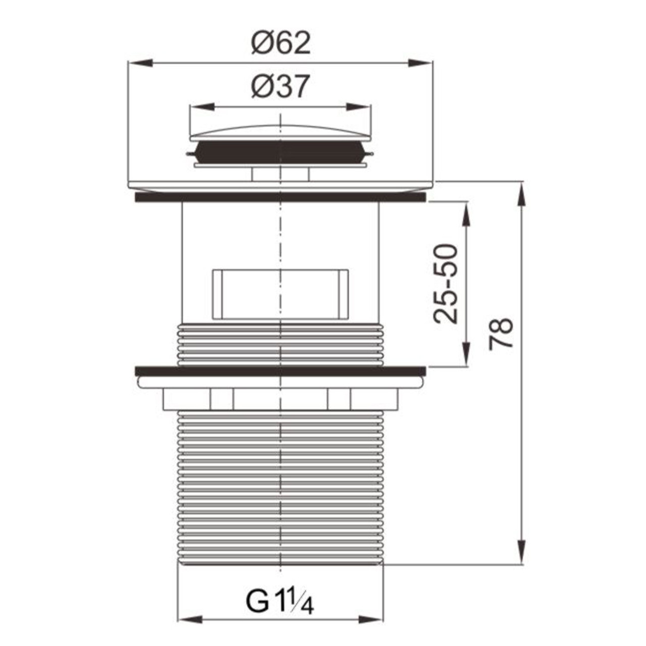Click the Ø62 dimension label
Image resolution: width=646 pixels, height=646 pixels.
tap(281, 43)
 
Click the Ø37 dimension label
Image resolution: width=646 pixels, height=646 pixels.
tap(280, 86)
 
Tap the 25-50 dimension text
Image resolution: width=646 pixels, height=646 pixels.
tap(445, 284)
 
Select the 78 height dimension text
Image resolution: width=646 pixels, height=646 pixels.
tap(501, 334)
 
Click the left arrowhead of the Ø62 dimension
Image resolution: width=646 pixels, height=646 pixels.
tap(140, 63)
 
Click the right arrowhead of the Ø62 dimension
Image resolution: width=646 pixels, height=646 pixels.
tap(420, 63)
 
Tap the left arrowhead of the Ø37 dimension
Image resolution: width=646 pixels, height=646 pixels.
tap(202, 106)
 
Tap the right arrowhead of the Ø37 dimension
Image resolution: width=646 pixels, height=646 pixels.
tap(359, 106)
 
